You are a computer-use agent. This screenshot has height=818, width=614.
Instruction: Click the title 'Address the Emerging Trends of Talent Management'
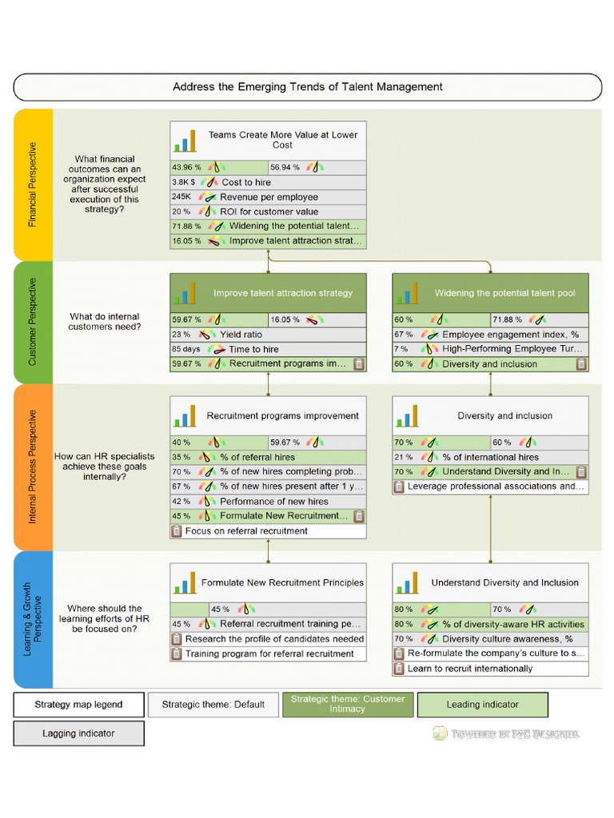[x=307, y=87]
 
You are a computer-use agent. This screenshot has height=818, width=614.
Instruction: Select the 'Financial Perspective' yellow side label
[x=33, y=185]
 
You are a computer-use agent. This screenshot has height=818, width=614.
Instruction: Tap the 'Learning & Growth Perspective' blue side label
[x=33, y=619]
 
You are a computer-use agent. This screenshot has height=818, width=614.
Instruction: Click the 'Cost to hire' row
[x=246, y=182]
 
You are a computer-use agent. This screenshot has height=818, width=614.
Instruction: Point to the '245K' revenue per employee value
[x=181, y=197]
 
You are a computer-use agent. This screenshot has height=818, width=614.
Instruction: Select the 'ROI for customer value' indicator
[x=269, y=212]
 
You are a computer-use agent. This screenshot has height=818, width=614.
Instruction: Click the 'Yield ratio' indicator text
[x=243, y=335]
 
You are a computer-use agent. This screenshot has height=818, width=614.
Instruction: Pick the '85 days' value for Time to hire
[x=185, y=349]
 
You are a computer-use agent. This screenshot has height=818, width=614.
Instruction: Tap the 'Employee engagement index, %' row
[x=510, y=335]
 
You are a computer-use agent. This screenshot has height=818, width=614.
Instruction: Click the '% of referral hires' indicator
[x=257, y=458]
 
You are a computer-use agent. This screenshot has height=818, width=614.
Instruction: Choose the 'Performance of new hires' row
[x=273, y=502]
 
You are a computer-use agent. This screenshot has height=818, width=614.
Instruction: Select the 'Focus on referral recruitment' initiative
[x=246, y=531]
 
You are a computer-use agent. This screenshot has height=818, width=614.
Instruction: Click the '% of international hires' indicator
[x=496, y=458]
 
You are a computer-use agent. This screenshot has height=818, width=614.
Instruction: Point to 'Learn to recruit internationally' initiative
[x=469, y=669]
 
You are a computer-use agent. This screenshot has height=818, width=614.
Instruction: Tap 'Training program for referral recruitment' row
[x=269, y=654]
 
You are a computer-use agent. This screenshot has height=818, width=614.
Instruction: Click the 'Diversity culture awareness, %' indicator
[x=507, y=639]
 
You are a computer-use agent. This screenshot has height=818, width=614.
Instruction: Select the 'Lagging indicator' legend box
[x=79, y=733]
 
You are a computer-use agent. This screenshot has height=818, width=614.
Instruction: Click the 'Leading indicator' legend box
[x=482, y=705]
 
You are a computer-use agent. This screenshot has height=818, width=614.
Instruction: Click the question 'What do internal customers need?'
[x=104, y=322]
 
